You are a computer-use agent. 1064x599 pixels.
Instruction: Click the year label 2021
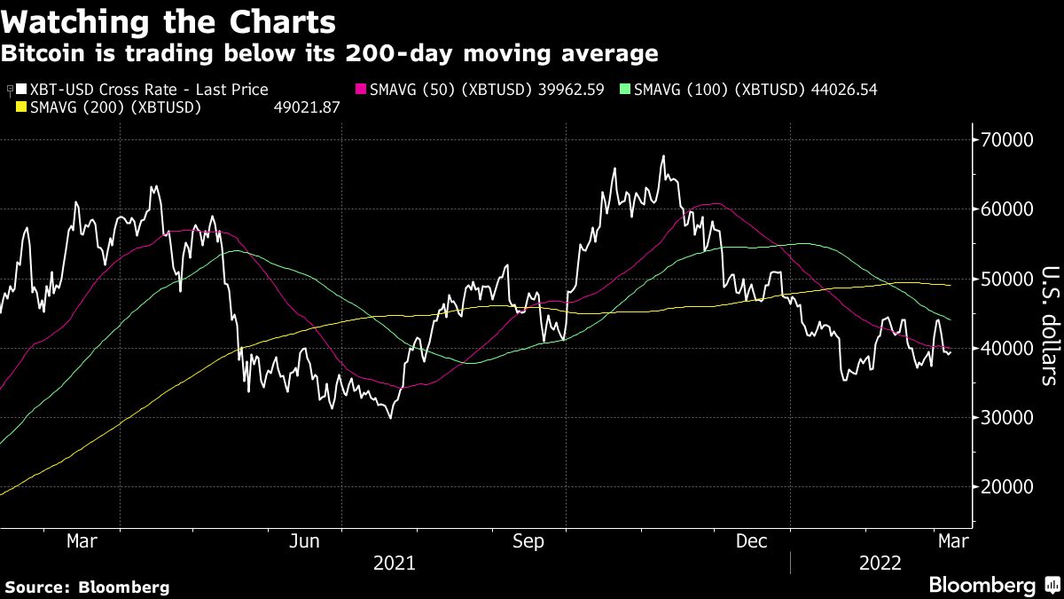click(395, 563)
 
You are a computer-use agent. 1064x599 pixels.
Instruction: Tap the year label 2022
click(881, 563)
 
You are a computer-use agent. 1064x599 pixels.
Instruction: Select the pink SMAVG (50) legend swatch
click(362, 90)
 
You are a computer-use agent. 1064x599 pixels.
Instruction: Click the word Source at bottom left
click(36, 587)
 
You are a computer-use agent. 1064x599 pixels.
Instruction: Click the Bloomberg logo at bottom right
click(982, 585)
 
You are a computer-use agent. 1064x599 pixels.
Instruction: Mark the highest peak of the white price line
click(662, 157)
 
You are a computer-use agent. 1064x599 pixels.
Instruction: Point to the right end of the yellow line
click(951, 285)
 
